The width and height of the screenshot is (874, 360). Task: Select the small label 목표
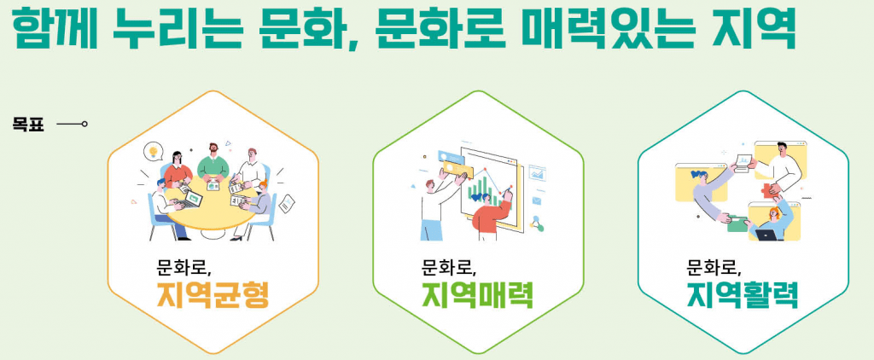(28, 124)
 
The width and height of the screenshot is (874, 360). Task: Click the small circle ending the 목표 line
(84, 124)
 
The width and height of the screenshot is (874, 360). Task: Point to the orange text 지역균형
(213, 296)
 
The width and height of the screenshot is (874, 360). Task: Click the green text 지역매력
(478, 296)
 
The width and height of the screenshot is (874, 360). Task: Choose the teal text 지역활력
(743, 296)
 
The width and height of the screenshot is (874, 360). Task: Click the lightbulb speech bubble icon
(152, 150)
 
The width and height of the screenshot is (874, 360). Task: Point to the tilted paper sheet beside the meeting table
(287, 203)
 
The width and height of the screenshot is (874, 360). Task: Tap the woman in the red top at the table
(177, 170)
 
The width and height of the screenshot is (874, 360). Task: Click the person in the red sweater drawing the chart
(492, 215)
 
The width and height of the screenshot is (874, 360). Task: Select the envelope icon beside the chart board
(537, 200)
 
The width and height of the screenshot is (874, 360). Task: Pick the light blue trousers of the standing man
(431, 229)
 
